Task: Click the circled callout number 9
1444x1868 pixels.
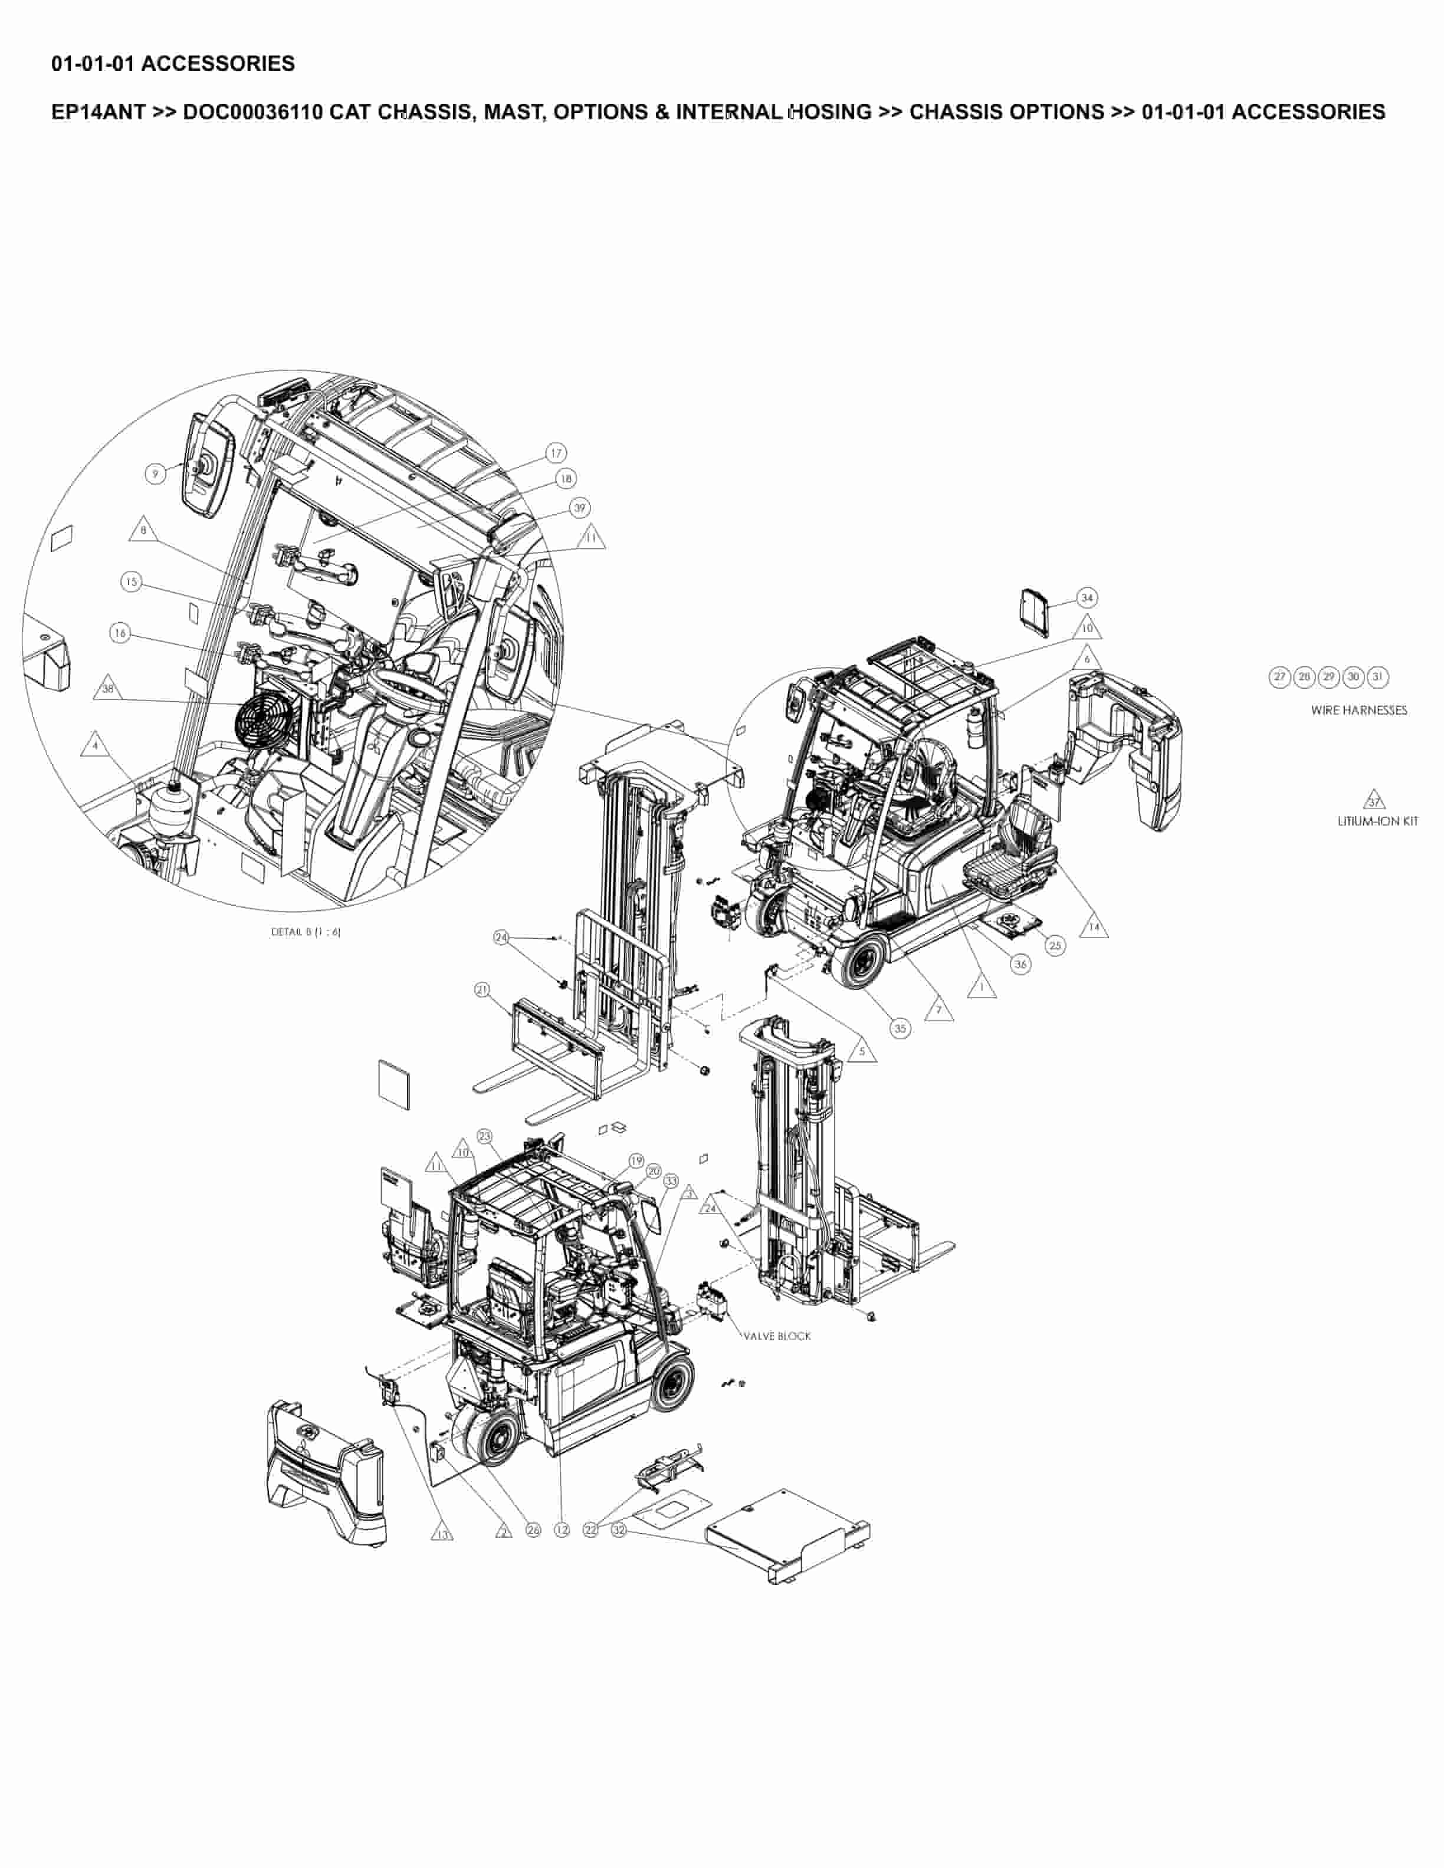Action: coord(155,473)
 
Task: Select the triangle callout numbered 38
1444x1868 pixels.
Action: coord(108,689)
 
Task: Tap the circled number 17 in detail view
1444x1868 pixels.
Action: coord(557,453)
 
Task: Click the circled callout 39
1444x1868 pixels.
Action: coord(580,508)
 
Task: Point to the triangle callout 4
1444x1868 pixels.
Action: coord(95,746)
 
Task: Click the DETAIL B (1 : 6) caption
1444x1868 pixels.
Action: coord(306,932)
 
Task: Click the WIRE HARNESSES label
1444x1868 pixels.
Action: coord(1358,710)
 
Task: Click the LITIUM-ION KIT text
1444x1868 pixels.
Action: coord(1377,821)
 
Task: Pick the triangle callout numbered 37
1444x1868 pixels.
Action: coord(1374,801)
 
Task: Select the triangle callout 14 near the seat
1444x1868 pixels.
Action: coord(1093,927)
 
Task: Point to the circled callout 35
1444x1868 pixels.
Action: coord(900,1028)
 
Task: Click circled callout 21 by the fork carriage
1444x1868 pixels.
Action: coord(483,989)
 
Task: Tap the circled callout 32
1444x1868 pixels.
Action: coord(619,1530)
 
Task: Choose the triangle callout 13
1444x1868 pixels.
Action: coord(441,1534)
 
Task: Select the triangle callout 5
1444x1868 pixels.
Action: coord(862,1051)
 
